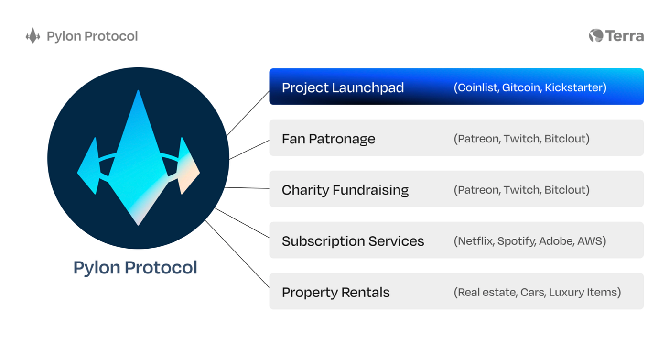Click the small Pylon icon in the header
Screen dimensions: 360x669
point(32,36)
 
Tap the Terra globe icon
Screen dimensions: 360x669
point(596,36)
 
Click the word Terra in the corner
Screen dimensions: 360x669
point(625,36)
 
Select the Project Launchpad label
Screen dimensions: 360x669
point(343,87)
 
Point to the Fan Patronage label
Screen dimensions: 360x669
point(328,139)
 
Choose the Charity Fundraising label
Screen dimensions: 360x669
point(345,190)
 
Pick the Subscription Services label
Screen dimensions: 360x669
point(353,241)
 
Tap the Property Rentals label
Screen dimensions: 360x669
point(335,292)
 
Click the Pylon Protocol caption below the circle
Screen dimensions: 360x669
point(135,267)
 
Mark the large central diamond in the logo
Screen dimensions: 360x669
point(138,163)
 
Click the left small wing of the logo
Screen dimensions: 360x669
point(90,167)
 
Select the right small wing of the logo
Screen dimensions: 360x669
point(188,167)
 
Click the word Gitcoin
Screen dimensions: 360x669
point(521,87)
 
